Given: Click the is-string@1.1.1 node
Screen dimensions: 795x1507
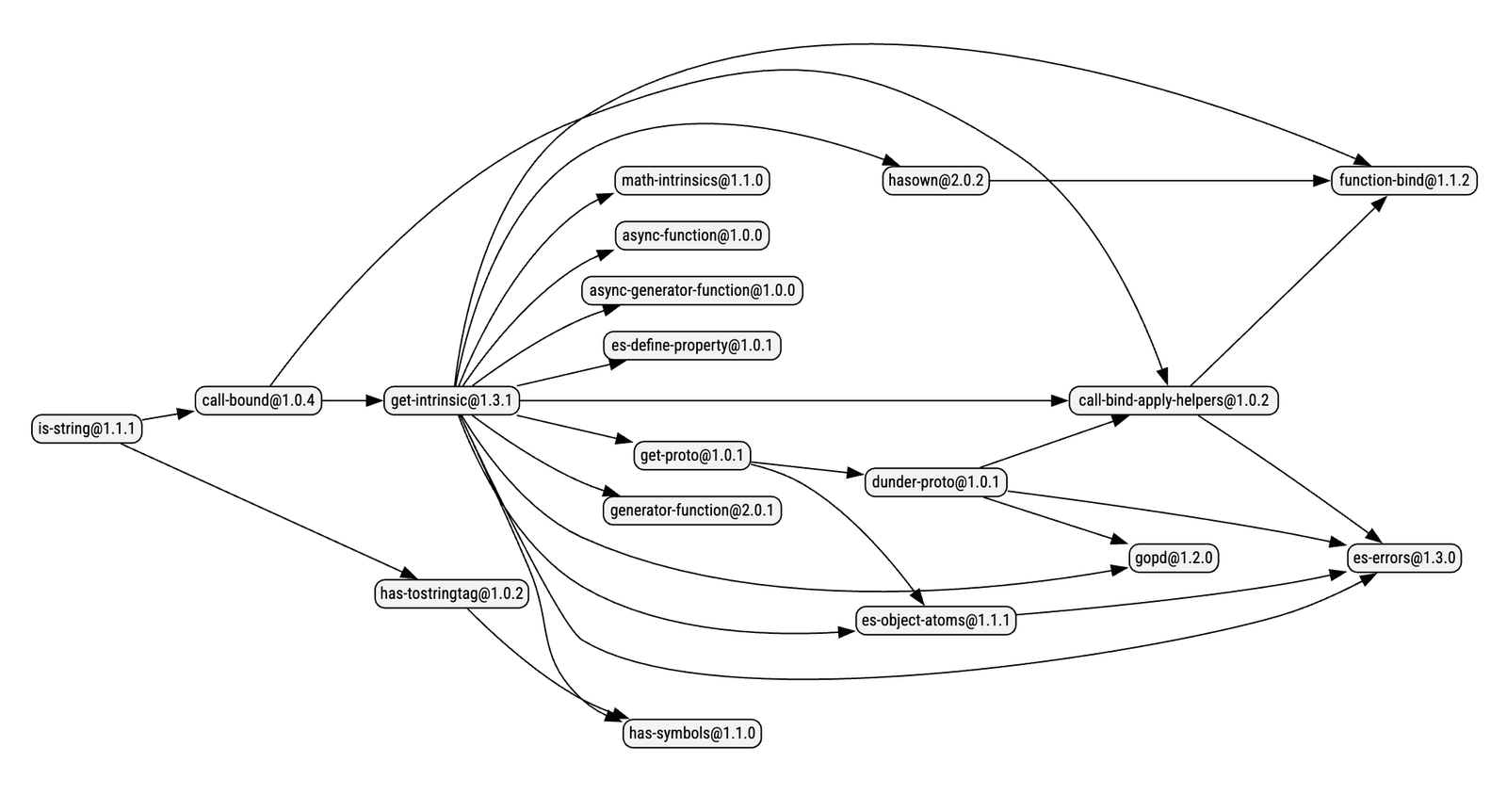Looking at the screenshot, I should click(x=86, y=430).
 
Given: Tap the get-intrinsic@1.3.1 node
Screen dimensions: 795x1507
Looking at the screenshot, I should click(x=450, y=400).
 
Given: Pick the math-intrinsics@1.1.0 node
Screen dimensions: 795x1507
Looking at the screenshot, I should click(x=691, y=180).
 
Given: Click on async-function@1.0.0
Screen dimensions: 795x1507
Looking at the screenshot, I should click(x=691, y=235).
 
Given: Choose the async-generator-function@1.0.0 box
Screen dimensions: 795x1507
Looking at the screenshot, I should click(x=691, y=290).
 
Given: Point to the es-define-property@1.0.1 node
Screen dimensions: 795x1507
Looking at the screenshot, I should click(x=691, y=345).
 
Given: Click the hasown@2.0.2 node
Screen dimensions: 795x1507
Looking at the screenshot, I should click(x=935, y=180).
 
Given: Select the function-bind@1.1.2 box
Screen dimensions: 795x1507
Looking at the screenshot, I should click(x=1403, y=180).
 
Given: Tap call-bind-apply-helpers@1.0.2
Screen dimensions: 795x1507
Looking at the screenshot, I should click(x=1173, y=400).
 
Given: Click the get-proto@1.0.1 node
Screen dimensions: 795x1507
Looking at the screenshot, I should click(x=691, y=456).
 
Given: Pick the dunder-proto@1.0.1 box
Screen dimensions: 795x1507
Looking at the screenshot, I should click(x=935, y=482).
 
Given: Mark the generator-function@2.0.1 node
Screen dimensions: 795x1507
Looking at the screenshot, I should click(x=691, y=511).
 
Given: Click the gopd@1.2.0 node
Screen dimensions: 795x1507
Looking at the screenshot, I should click(x=1173, y=558).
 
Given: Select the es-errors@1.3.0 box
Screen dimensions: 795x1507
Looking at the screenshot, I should click(x=1403, y=558).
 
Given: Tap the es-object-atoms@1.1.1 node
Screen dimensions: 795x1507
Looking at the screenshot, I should click(x=935, y=620).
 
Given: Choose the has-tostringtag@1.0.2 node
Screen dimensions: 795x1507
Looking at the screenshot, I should click(x=450, y=593).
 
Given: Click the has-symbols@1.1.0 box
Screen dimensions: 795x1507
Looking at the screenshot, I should click(x=691, y=733).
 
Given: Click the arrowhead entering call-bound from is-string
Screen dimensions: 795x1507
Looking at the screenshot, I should click(x=185, y=413).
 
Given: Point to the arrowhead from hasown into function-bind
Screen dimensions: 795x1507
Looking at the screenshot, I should click(x=1322, y=180).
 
